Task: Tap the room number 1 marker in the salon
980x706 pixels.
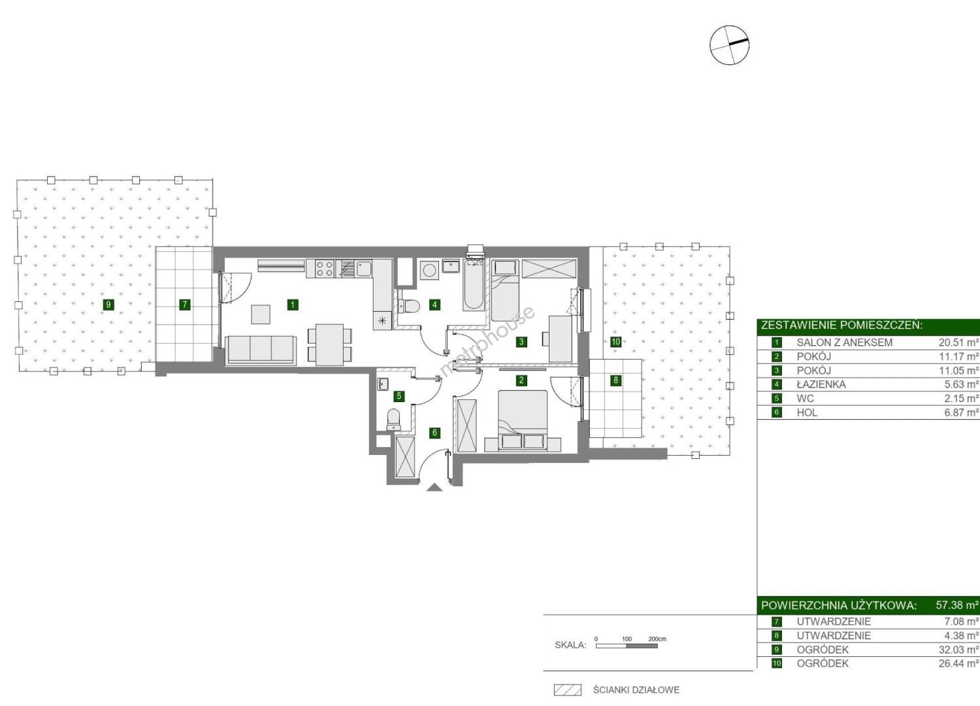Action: point(293,305)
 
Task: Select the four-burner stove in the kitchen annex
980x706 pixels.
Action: point(325,268)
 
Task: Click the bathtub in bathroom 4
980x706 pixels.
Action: point(474,284)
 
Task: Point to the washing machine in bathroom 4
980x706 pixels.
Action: point(429,271)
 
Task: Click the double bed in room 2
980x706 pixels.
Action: point(523,420)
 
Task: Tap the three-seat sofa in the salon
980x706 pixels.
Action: point(261,350)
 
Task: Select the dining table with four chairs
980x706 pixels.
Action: point(329,345)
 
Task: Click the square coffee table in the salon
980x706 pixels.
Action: point(260,314)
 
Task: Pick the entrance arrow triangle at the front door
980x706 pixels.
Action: point(434,487)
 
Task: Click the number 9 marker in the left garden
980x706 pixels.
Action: point(108,305)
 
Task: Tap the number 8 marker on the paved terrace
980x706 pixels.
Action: point(615,380)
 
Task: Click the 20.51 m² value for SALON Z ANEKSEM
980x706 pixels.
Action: point(956,343)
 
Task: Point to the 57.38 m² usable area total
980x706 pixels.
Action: point(957,605)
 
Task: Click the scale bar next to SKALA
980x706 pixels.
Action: point(627,646)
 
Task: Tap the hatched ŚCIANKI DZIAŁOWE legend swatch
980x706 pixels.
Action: point(568,690)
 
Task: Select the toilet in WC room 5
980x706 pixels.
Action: point(394,420)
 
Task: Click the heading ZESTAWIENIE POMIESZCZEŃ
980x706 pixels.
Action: point(841,325)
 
